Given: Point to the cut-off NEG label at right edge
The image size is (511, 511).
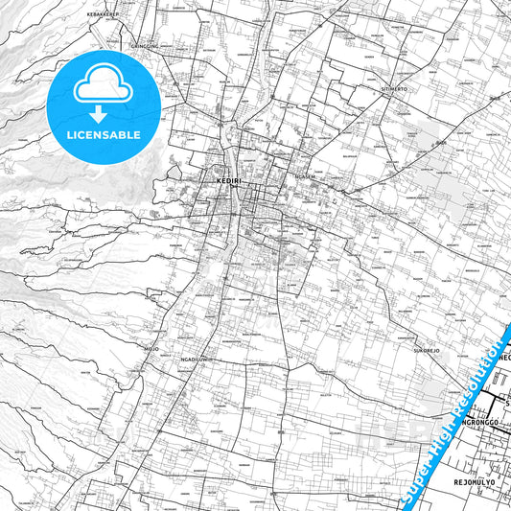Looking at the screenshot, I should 504,357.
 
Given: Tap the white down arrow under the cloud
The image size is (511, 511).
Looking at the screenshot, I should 102,114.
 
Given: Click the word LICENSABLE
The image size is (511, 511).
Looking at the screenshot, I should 102,136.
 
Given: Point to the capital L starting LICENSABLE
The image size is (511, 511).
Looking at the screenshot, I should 68,136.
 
